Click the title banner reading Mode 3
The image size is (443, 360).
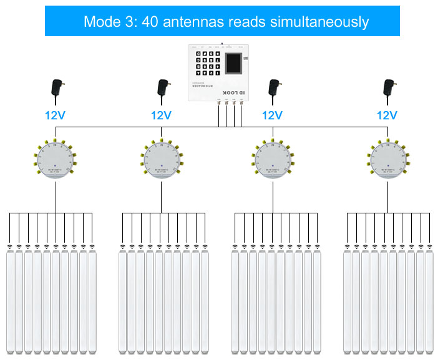(221, 22)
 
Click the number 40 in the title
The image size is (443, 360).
(150, 22)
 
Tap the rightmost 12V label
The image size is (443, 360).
(387, 115)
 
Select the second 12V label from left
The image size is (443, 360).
(161, 115)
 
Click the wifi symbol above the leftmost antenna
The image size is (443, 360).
(10, 246)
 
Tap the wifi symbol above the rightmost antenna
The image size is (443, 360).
(432, 246)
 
